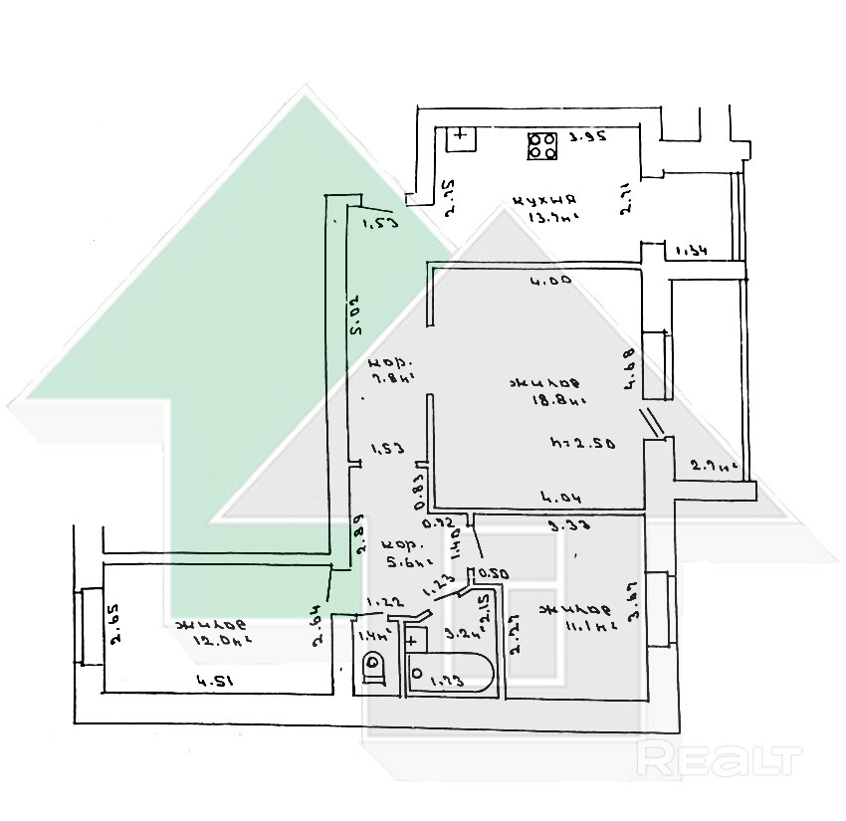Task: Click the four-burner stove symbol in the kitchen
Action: pyautogui.click(x=542, y=146)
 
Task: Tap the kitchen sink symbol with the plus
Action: pyautogui.click(x=461, y=138)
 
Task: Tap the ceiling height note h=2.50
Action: pyautogui.click(x=580, y=441)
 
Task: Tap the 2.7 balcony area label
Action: pyautogui.click(x=712, y=465)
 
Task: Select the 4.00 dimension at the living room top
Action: pyautogui.click(x=549, y=282)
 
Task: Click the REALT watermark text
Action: pyautogui.click(x=721, y=760)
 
